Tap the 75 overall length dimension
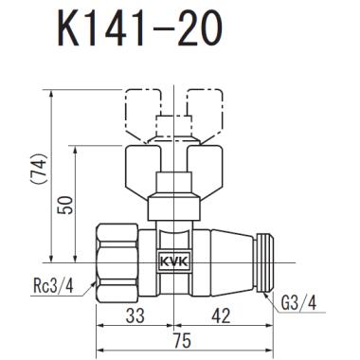pyautogui.click(x=177, y=338)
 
